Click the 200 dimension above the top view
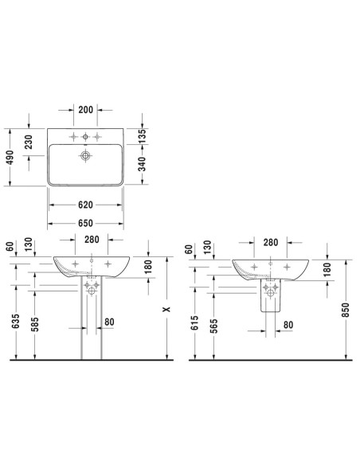[x=86, y=110]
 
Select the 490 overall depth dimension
[x=10, y=158]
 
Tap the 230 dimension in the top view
[x=29, y=142]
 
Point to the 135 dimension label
[x=143, y=136]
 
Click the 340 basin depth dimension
[x=143, y=164]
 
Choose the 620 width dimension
[x=85, y=205]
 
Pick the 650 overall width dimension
[x=85, y=223]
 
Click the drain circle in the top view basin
[x=85, y=156]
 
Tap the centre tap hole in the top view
[x=85, y=137]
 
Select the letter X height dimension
[x=167, y=309]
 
